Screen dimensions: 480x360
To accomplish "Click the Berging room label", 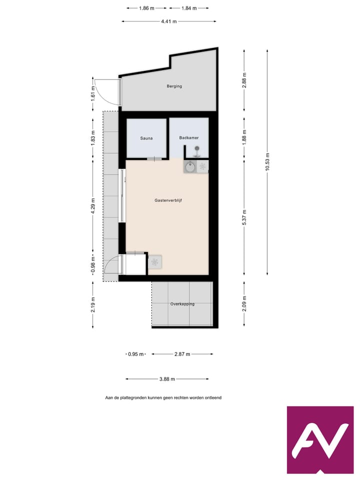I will point(174,86).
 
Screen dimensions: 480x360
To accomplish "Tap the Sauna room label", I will point(146,138).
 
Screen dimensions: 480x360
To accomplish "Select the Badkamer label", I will point(188,137).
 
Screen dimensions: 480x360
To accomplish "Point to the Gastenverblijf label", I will point(167,200).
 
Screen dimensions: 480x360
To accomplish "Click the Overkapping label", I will point(182,304).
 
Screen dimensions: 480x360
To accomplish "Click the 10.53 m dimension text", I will point(267,162).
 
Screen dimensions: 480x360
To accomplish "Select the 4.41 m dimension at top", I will point(169,21).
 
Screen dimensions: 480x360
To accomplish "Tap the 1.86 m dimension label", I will point(146,8).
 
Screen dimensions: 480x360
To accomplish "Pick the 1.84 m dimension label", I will point(188,8).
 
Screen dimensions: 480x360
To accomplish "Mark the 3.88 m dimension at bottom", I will point(167,379).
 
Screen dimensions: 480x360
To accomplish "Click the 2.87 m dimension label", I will point(182,354).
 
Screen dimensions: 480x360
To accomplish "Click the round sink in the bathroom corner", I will point(190,167).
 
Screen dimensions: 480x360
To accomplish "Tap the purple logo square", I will point(320,440).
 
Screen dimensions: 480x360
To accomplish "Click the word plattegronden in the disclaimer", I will point(131,398).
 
